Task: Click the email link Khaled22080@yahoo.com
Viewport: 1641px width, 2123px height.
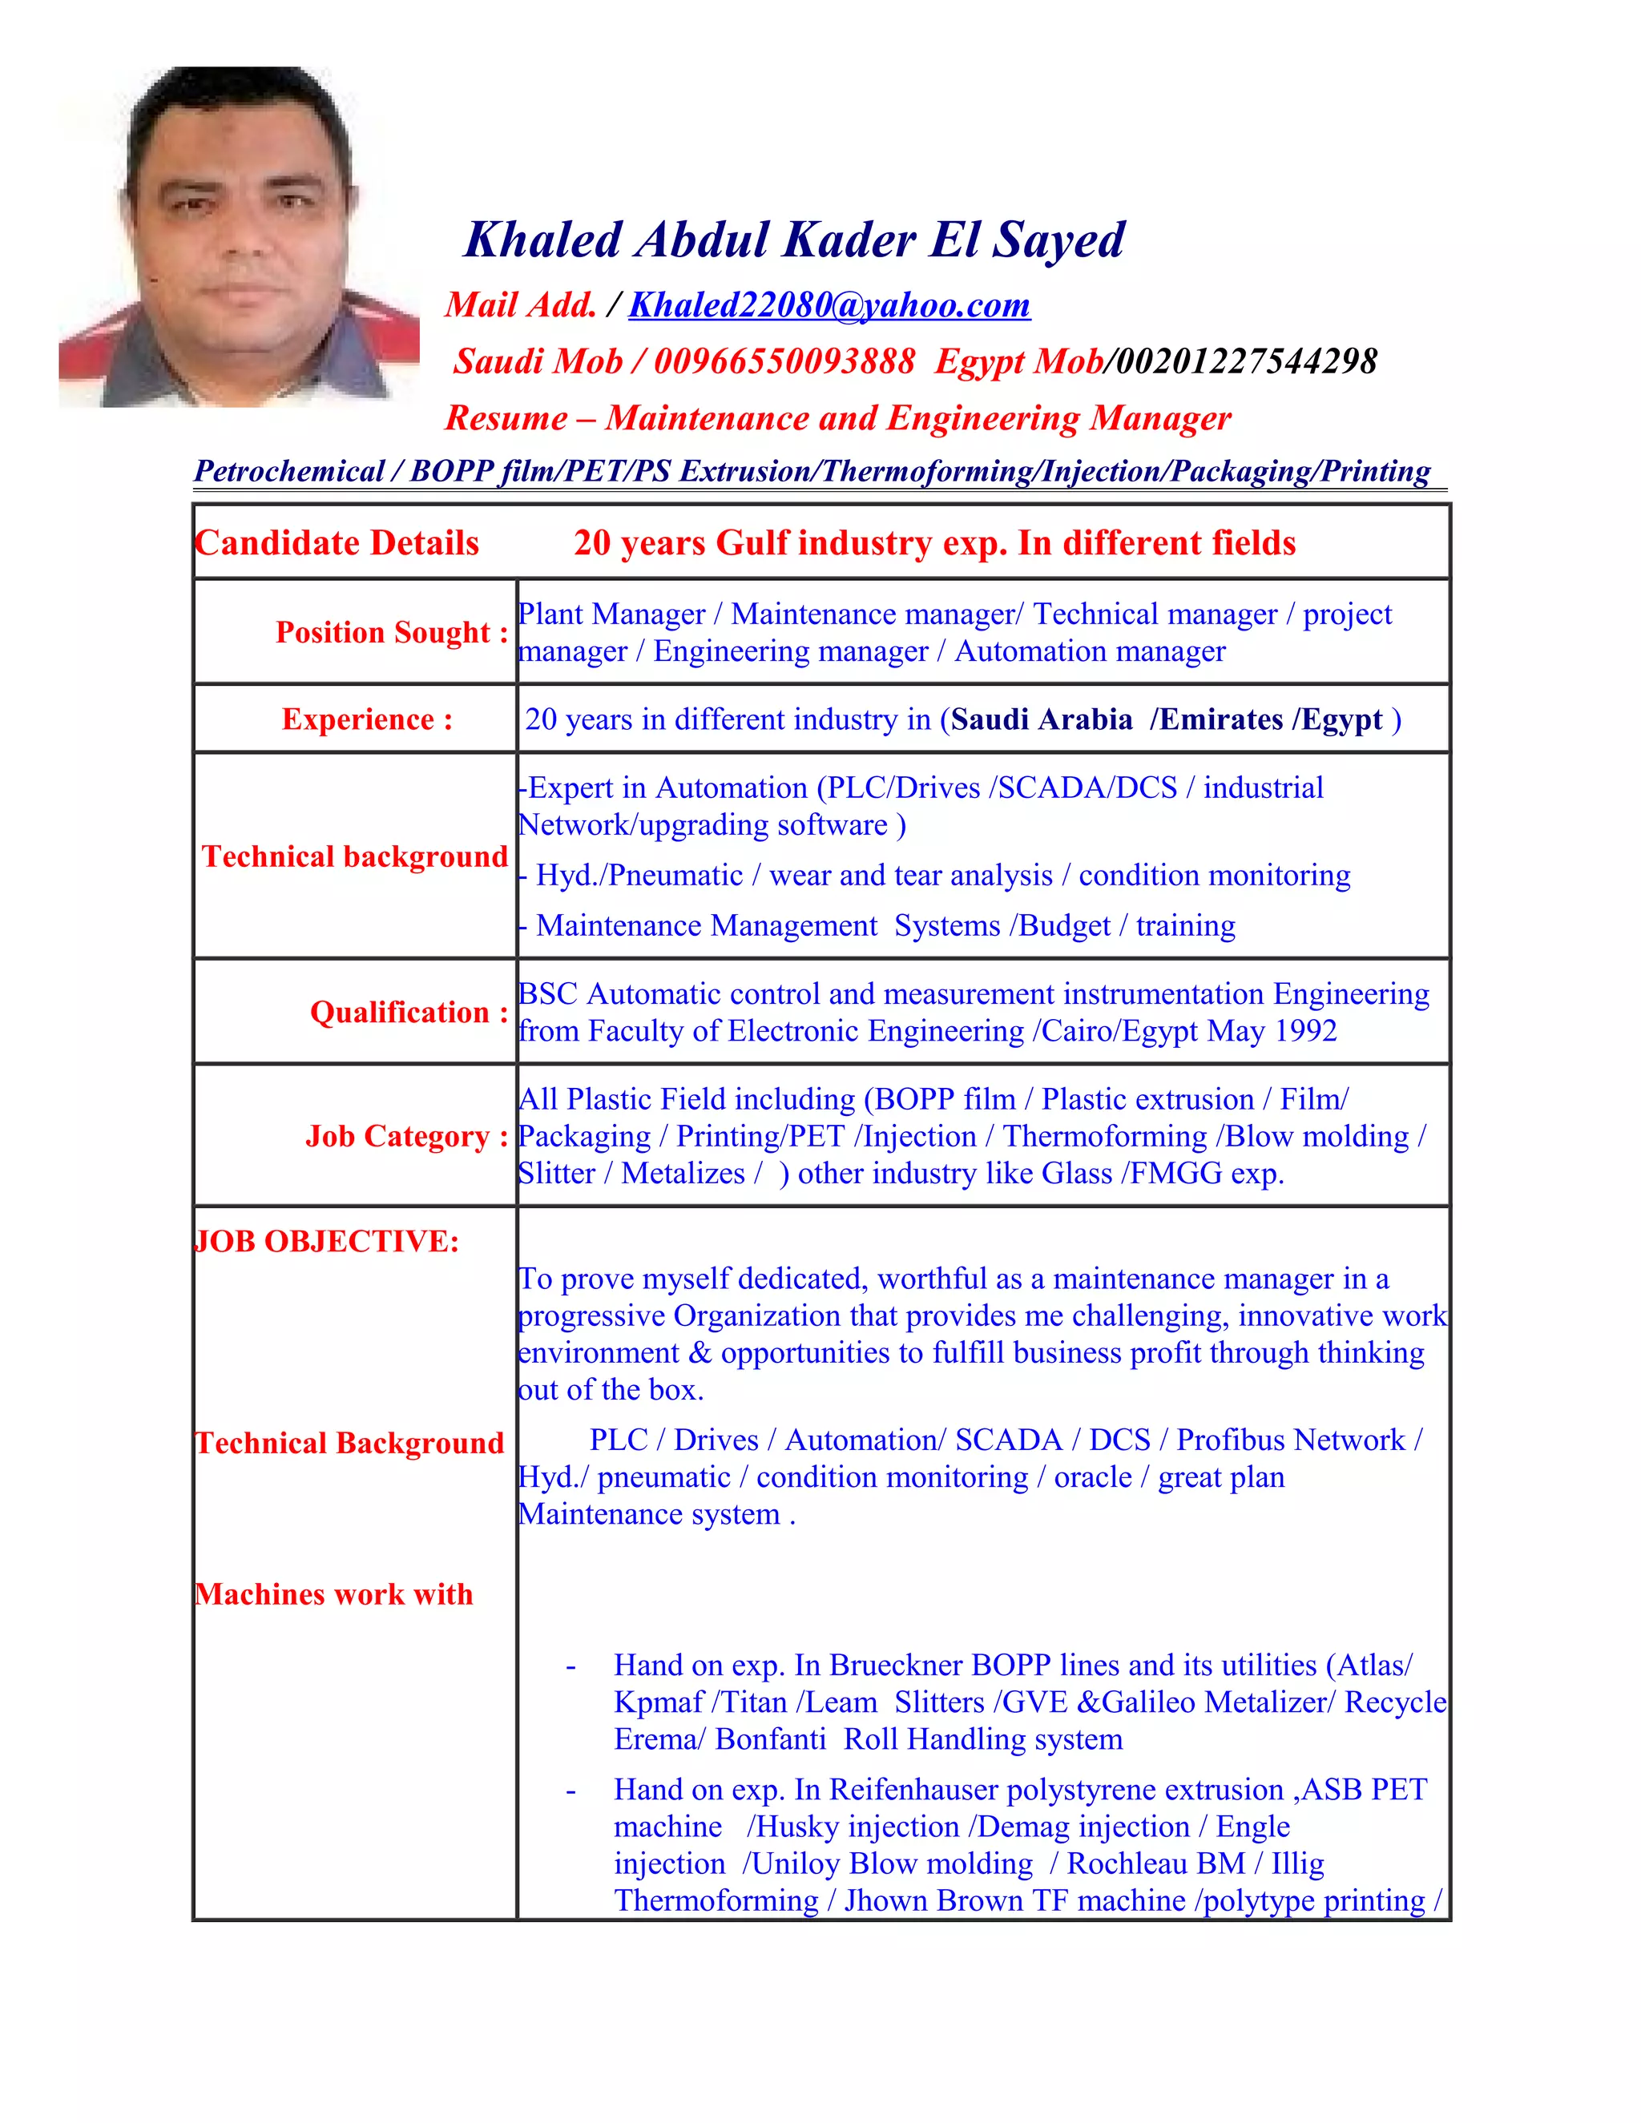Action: [829, 305]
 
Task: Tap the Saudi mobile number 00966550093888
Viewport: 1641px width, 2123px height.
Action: [784, 361]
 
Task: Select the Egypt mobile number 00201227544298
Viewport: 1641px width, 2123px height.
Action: [1246, 361]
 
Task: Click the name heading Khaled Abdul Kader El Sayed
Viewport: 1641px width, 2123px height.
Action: [794, 240]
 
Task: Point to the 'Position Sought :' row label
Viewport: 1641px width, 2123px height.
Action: [391, 632]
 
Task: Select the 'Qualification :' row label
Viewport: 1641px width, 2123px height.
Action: [409, 1012]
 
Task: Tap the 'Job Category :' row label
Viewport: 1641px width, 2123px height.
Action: [406, 1135]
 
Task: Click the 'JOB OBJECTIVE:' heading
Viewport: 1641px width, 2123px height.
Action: [327, 1241]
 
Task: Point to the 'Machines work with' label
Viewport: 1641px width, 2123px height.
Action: [333, 1594]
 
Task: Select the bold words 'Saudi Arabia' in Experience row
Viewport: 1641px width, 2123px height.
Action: [1041, 719]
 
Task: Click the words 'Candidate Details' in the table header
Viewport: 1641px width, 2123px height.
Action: [337, 542]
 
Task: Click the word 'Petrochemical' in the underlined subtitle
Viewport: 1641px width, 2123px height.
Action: [288, 471]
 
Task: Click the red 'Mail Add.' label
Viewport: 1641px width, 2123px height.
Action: [520, 305]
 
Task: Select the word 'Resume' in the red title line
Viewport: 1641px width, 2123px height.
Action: [506, 418]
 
